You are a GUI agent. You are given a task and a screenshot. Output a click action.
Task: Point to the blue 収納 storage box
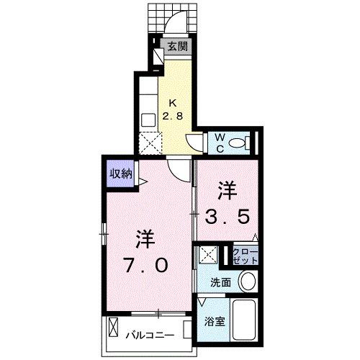coord(120,174)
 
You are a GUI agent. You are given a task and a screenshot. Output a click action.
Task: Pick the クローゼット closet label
coord(245,255)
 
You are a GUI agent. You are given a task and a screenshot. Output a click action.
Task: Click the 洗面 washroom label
coord(220,282)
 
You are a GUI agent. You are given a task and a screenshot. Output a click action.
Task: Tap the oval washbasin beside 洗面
coord(248,282)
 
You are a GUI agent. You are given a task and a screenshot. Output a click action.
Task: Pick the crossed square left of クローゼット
coord(210,254)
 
